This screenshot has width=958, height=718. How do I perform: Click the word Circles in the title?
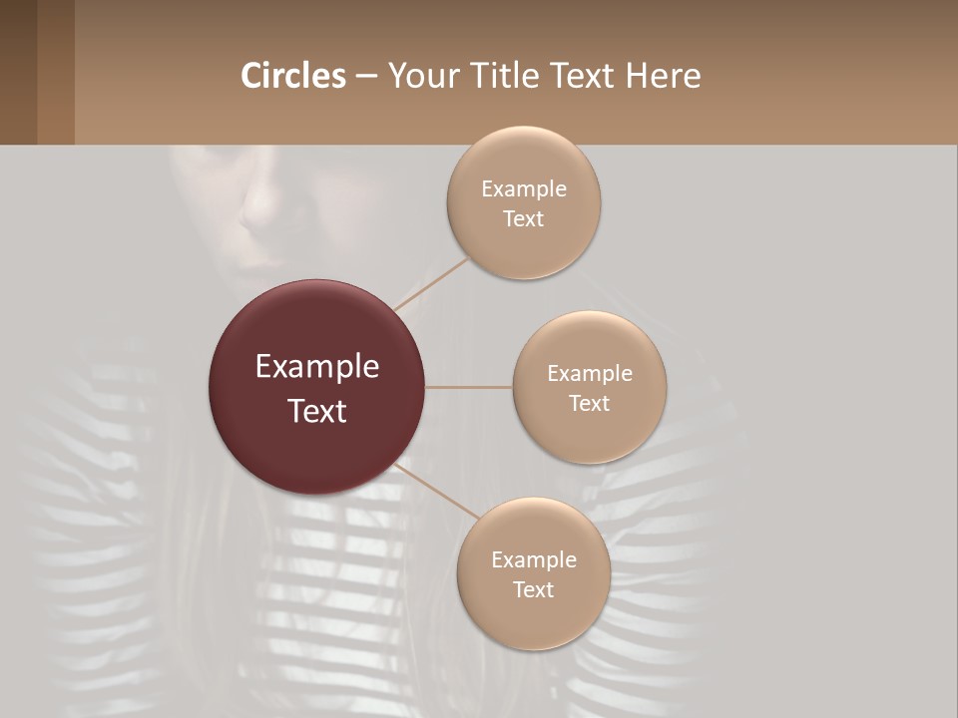tap(293, 76)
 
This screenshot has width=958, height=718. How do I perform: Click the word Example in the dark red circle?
tap(317, 367)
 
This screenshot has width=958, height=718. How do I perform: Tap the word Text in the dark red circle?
tap(317, 411)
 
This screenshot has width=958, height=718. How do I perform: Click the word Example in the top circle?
tap(524, 189)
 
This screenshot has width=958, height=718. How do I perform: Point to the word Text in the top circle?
tap(523, 218)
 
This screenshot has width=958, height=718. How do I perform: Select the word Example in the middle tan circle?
tap(590, 374)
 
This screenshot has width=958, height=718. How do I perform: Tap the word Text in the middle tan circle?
tap(589, 403)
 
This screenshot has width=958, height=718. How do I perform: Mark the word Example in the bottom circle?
tap(534, 560)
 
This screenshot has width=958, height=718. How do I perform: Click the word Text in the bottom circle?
tap(533, 589)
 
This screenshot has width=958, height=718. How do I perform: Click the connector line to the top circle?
tap(431, 283)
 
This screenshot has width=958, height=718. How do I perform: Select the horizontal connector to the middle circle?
tap(469, 387)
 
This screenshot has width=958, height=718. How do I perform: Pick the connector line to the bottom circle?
tap(436, 493)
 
